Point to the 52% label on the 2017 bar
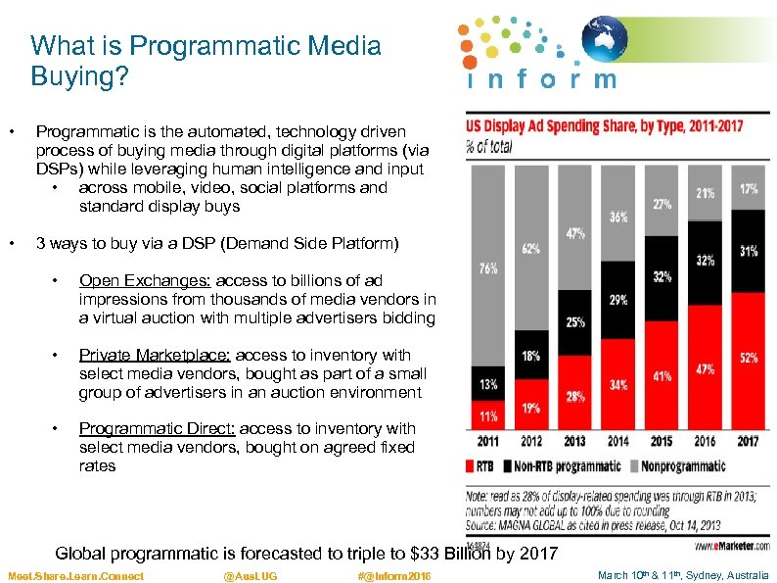click(749, 358)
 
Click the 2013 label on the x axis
click(574, 441)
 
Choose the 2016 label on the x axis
click(705, 441)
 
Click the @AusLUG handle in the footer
click(251, 576)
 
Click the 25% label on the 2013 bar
click(575, 322)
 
